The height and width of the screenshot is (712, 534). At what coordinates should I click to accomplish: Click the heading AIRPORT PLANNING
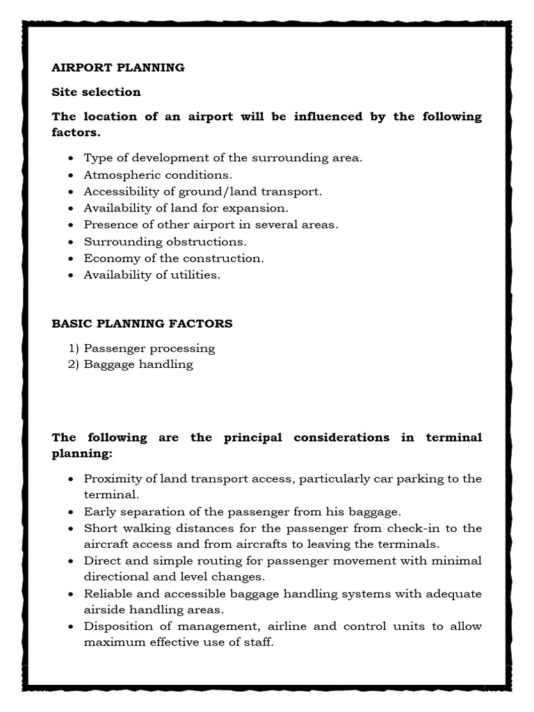[118, 67]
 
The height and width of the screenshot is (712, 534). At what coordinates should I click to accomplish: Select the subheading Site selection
[96, 92]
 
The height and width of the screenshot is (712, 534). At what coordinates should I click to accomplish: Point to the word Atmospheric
[121, 175]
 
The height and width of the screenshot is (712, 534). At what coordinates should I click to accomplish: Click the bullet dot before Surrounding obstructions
[72, 242]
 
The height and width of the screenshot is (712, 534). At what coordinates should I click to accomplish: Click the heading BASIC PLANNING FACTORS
[143, 323]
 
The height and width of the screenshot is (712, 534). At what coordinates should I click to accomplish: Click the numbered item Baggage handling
[138, 364]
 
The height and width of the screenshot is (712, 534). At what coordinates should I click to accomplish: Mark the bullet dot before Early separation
[72, 512]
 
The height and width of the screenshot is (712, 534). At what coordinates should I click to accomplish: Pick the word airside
[104, 609]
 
